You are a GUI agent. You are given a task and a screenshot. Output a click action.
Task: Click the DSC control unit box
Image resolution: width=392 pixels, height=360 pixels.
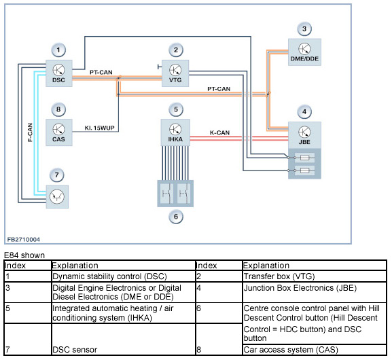58,73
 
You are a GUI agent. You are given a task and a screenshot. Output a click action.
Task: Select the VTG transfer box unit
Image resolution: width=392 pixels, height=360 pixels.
175,73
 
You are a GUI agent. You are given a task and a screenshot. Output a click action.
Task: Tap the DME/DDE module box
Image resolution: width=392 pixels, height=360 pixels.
304,52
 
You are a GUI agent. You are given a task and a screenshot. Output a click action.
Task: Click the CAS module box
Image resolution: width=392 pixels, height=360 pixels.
58,132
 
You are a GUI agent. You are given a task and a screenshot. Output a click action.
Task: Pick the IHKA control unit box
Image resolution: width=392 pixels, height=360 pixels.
175,132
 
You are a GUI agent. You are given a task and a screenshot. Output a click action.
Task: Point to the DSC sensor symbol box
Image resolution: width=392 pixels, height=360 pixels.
57,197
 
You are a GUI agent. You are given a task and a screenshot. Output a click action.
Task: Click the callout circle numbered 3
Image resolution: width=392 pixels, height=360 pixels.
304,29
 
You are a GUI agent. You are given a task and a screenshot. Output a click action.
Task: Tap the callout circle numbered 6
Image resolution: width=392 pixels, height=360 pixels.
176,217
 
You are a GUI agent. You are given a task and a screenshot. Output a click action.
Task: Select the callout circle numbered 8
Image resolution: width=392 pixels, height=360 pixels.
58,109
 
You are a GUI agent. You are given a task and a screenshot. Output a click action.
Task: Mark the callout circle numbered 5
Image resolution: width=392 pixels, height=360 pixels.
176,109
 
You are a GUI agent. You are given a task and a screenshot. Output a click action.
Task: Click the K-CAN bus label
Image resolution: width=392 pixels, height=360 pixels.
219,132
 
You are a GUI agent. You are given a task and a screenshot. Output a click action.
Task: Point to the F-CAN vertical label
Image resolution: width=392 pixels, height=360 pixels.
30,132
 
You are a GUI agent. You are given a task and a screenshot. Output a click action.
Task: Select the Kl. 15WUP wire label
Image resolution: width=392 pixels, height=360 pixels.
99,128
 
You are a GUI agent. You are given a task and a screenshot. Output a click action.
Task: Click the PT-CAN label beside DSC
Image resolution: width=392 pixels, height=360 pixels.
101,72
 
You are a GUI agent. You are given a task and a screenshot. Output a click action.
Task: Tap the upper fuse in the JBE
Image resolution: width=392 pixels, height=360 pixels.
304,158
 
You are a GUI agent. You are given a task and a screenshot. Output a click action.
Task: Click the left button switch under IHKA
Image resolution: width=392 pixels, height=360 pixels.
166,194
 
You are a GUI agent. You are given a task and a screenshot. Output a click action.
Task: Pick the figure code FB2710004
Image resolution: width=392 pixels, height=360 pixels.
24,240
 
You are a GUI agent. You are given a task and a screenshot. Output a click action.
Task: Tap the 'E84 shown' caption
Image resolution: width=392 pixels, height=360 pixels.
24,255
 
